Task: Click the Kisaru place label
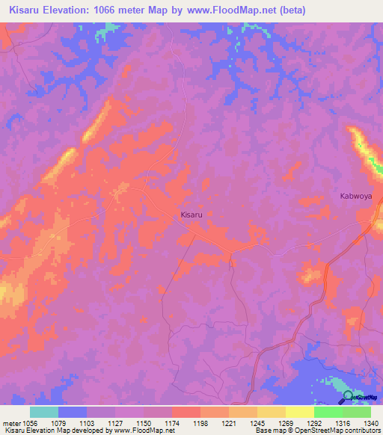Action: click(x=191, y=215)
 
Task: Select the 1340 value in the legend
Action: click(x=370, y=422)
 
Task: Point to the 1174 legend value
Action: click(x=171, y=422)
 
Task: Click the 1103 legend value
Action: click(x=86, y=422)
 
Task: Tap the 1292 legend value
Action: click(x=313, y=422)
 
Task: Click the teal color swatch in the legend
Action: click(x=44, y=412)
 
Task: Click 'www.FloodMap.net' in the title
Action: click(x=222, y=10)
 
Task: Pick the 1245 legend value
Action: click(x=257, y=422)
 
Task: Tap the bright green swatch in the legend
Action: click(x=328, y=412)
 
